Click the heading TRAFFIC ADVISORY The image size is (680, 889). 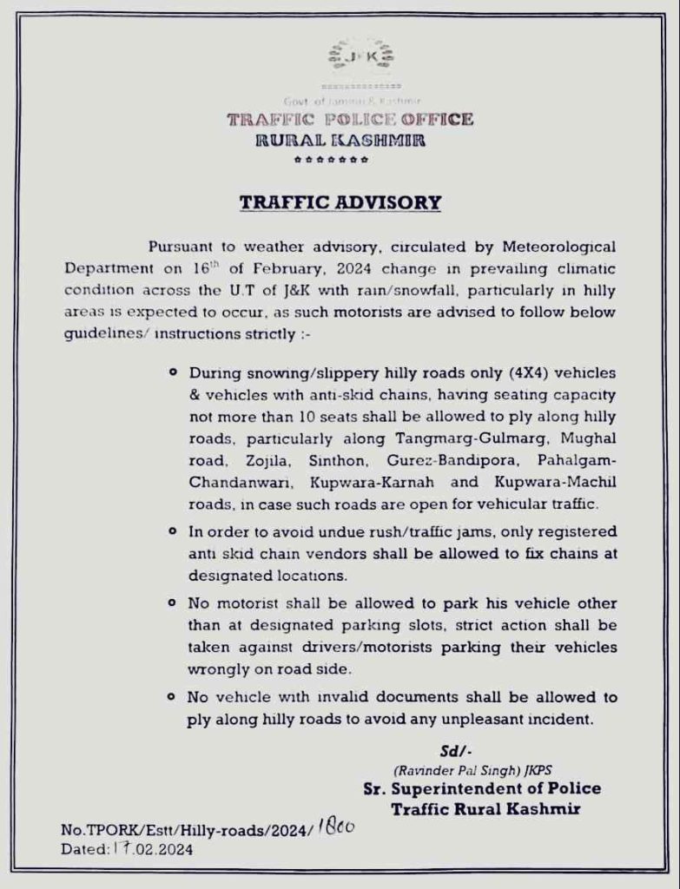[340, 202]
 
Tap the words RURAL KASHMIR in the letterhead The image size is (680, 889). [340, 140]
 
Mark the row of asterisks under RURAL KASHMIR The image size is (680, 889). [331, 161]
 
